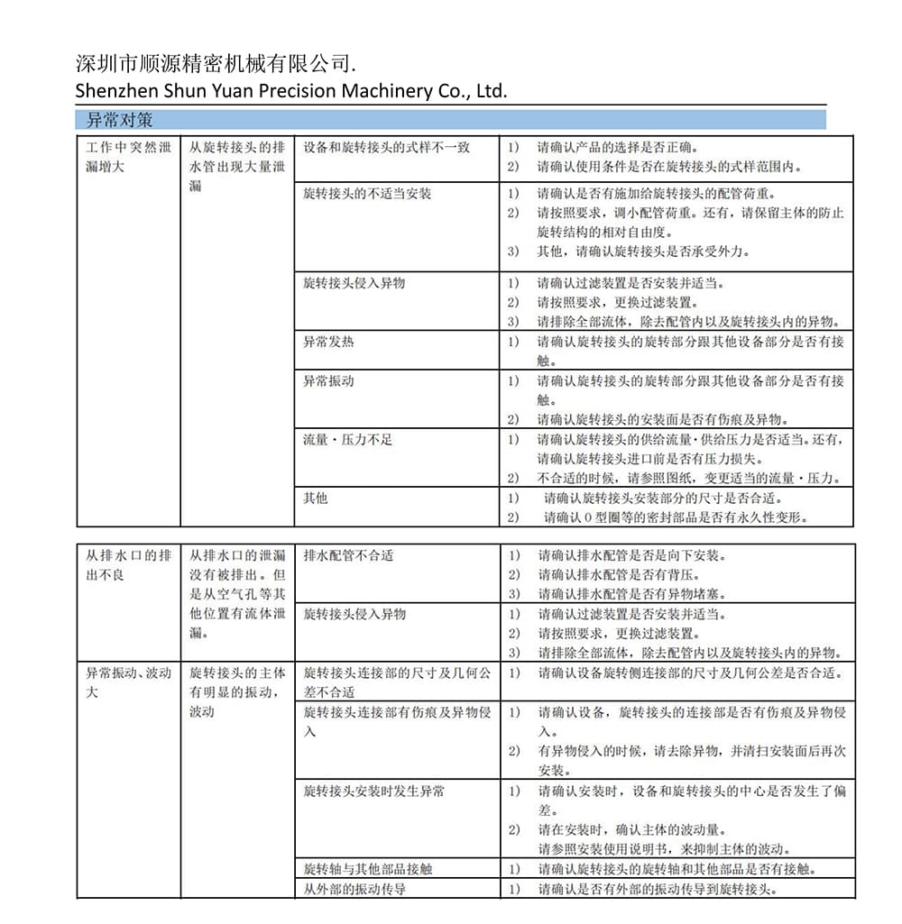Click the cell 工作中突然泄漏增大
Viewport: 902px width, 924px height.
[127, 157]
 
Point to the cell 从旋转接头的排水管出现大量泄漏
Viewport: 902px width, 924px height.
[236, 167]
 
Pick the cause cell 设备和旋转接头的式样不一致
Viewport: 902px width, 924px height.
[386, 147]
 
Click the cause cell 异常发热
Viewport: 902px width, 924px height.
[328, 342]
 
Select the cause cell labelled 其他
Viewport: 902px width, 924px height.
[315, 498]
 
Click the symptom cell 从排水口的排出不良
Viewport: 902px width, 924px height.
[127, 564]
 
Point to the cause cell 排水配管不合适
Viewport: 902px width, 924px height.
[348, 555]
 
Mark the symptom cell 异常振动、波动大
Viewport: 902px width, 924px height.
[127, 682]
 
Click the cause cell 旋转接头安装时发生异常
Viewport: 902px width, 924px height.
[373, 791]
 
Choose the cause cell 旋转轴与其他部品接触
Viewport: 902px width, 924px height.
[367, 869]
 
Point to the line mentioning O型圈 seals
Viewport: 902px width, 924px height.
[675, 517]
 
